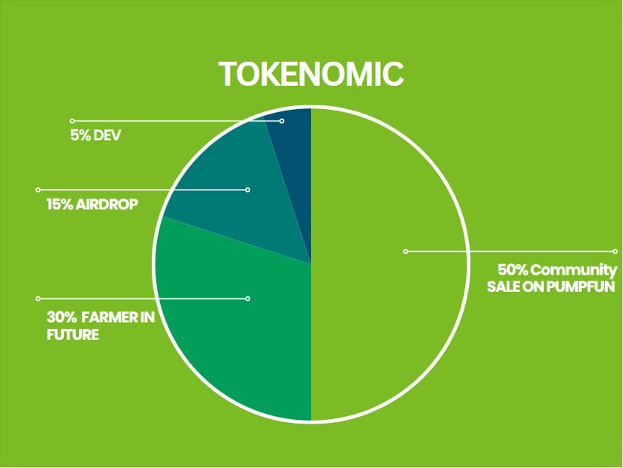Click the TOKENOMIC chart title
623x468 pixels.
311,74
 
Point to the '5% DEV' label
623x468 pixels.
95,135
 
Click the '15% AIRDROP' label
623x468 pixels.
92,205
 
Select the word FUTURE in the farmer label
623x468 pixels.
73,335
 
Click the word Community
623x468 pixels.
573,271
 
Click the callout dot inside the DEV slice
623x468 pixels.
282,121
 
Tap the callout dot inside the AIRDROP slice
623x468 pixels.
248,190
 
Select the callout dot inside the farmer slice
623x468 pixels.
248,299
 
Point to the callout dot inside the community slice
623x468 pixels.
406,251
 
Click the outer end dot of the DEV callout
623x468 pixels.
72,121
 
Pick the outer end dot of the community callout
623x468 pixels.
615,251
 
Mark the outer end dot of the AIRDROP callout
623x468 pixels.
38,190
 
